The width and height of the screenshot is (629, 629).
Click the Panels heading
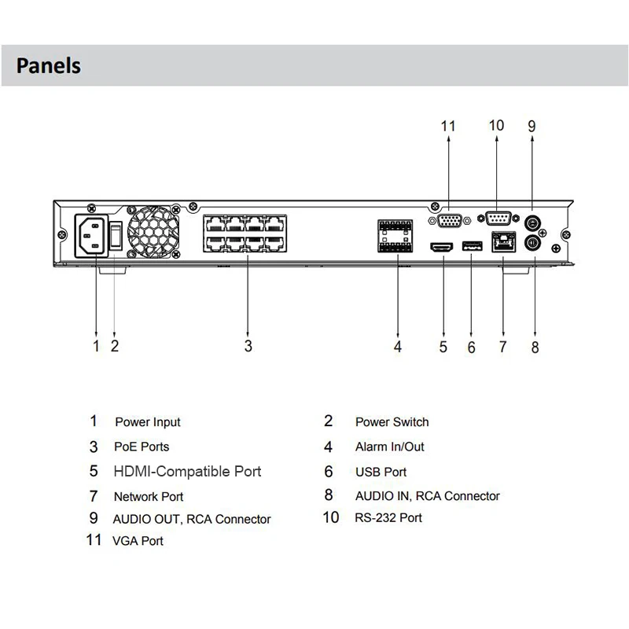point(49,64)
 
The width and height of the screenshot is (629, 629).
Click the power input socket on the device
point(95,235)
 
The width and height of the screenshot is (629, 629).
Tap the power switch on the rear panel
point(116,234)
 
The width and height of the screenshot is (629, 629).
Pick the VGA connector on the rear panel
point(449,221)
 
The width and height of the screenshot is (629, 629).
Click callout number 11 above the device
point(448,126)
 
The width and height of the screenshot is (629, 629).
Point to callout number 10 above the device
point(496,126)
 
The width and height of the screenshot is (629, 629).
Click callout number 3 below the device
point(248,345)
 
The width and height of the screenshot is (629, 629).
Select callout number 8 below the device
point(535,347)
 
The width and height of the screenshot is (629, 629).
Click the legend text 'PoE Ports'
point(142,447)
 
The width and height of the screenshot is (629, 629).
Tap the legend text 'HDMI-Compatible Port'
point(187,472)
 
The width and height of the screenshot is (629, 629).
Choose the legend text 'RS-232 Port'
point(388,517)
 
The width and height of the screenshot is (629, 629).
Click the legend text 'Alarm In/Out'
point(389,447)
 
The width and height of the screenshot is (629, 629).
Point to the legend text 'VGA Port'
point(138,541)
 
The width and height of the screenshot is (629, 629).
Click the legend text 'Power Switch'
point(392,422)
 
